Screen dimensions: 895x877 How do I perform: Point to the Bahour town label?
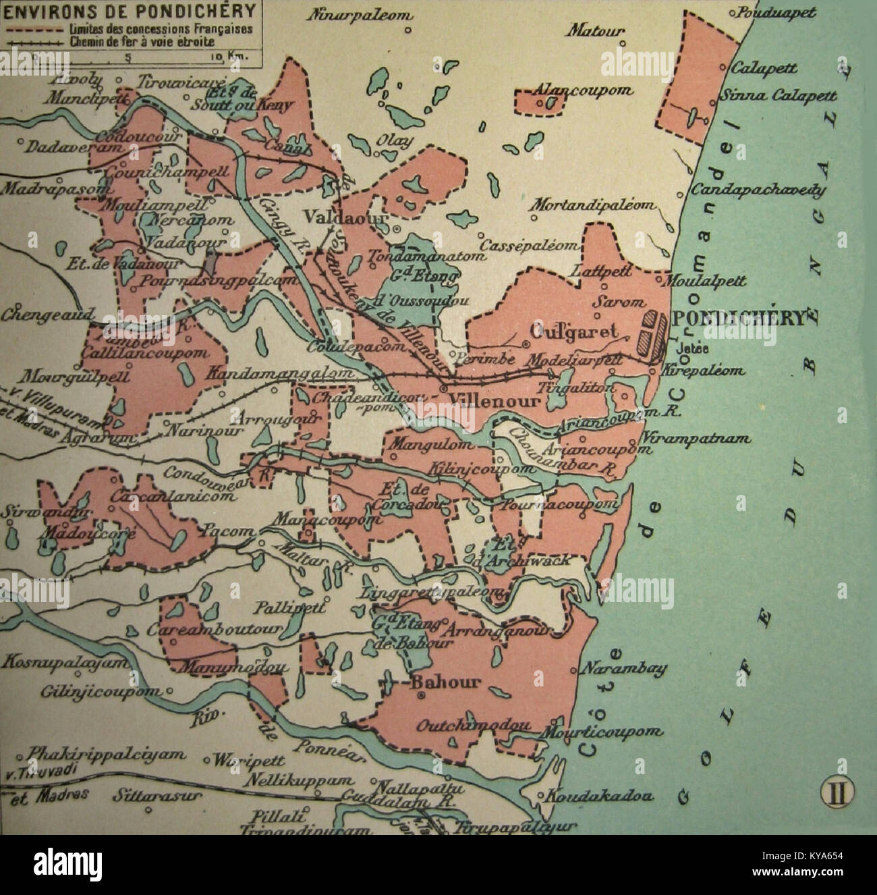click(446, 681)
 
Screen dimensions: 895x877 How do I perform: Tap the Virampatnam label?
click(697, 438)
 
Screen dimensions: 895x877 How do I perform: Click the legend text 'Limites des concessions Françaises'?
click(160, 30)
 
